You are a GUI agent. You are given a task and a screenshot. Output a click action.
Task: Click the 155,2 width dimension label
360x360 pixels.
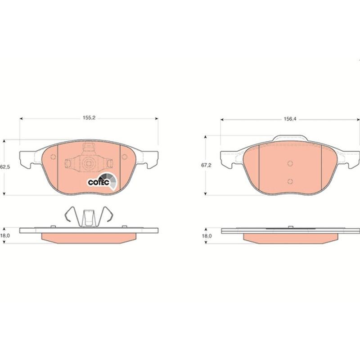coord(89,118)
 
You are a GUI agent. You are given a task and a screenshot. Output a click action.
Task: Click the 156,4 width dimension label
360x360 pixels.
coord(290,119)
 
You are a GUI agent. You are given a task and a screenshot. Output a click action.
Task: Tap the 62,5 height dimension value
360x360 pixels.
coord(5,167)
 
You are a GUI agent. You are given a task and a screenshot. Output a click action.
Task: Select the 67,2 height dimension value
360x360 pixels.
coord(206,165)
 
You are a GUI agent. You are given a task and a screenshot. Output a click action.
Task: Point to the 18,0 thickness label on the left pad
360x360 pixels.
coord(5,235)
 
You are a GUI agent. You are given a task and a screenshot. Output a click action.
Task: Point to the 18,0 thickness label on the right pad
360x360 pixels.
coord(207,236)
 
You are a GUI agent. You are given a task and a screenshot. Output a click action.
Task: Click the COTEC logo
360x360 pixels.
coord(102,181)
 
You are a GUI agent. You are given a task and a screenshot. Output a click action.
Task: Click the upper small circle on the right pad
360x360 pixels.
coord(290,163)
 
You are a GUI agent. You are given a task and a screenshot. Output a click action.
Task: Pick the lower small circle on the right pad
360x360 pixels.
coord(290,181)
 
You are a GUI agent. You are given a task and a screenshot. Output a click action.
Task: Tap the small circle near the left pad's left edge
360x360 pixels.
coord(53,157)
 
